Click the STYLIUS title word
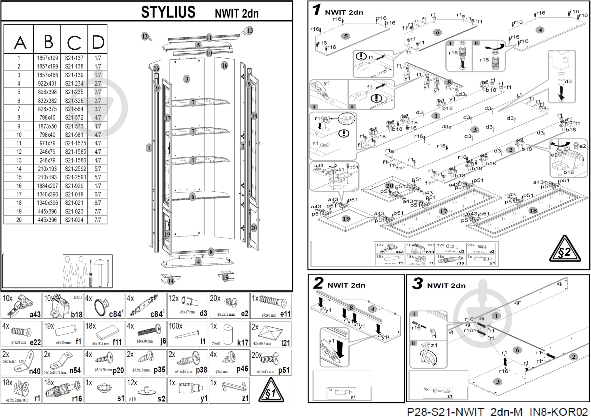click(168, 12)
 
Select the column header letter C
click(74, 43)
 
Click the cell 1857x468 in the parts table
click(47, 75)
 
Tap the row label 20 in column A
click(19, 220)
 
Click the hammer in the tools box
click(99, 271)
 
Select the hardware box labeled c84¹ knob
click(104, 306)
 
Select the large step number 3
click(417, 284)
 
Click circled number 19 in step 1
click(346, 219)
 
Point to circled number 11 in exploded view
click(209, 38)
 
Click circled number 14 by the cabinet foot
click(171, 281)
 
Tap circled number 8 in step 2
click(351, 307)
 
